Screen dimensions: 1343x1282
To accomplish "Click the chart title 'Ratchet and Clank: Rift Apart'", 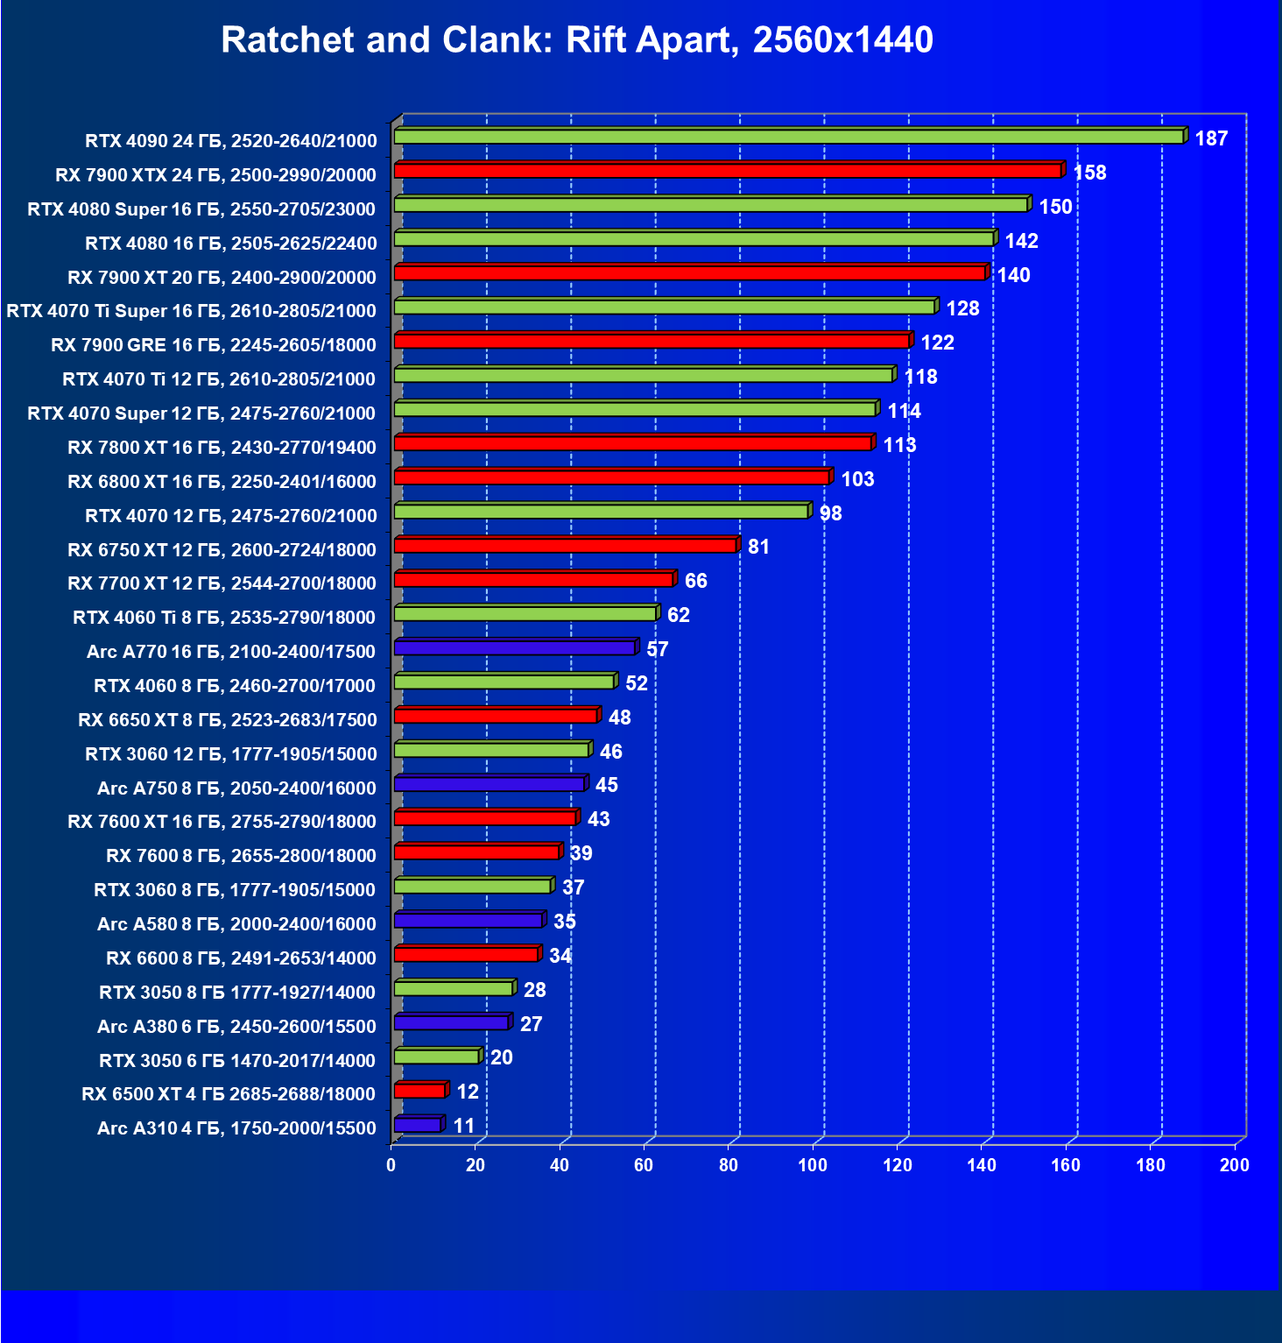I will coord(576,40).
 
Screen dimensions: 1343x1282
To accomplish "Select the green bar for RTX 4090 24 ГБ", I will coord(788,137).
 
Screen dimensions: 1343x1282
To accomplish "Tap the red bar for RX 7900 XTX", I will coord(727,171).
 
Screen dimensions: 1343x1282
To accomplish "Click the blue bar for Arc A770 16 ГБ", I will coord(515,648).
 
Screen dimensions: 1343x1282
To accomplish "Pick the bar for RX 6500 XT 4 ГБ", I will coord(420,1091).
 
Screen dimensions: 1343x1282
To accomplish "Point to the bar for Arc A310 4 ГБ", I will coord(418,1125).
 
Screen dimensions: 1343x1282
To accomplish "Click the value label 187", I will coord(1211,138).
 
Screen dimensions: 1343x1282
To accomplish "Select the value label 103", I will coord(857,479).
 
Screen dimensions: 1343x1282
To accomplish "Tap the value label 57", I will coord(657,649).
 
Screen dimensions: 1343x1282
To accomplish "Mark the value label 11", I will coord(463,1126).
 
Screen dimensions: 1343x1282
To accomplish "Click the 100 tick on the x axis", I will coord(813,1165).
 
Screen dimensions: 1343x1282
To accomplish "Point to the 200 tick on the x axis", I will coord(1235,1165).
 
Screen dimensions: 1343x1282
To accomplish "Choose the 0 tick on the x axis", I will coord(391,1165).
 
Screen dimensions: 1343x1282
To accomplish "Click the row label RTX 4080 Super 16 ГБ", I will coord(201,209).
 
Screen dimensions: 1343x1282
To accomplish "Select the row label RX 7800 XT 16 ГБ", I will coord(222,448).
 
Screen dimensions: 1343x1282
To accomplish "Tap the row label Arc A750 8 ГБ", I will coord(236,788).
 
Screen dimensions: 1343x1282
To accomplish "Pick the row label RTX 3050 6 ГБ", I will coord(237,1061).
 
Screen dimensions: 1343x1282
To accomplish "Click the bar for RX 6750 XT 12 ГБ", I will coord(566,546).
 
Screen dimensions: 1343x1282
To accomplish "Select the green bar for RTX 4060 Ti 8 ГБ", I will coord(525,614).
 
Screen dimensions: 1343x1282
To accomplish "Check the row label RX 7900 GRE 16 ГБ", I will coord(214,345).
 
